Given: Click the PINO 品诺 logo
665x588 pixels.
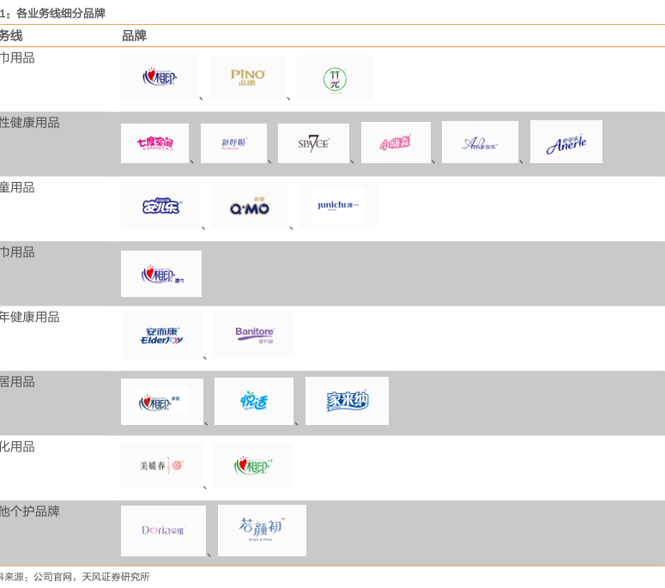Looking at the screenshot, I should click(x=248, y=76).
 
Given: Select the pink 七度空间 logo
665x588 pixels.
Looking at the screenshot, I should click(x=154, y=143).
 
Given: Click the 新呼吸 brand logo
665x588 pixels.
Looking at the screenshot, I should click(x=233, y=143).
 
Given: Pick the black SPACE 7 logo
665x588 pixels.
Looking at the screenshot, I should click(x=313, y=142).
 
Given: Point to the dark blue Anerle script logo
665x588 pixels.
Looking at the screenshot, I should click(x=566, y=143).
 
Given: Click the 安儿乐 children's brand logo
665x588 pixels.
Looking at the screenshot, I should click(x=160, y=206).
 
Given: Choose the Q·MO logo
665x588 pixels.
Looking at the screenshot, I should click(x=250, y=207).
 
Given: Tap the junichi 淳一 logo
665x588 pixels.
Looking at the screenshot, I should click(x=337, y=206).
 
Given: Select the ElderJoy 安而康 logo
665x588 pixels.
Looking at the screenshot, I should click(x=160, y=336).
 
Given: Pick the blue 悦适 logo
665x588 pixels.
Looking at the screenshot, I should click(x=254, y=401).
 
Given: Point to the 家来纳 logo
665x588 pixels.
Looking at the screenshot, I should click(x=347, y=401).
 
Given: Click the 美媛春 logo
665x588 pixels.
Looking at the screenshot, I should click(x=161, y=466).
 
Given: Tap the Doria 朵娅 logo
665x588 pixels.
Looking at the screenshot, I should click(x=163, y=530).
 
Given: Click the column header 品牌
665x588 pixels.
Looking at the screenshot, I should click(x=134, y=36).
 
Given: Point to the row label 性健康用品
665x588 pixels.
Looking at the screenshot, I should click(x=30, y=123).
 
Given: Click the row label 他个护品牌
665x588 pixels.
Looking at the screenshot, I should click(x=30, y=512).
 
